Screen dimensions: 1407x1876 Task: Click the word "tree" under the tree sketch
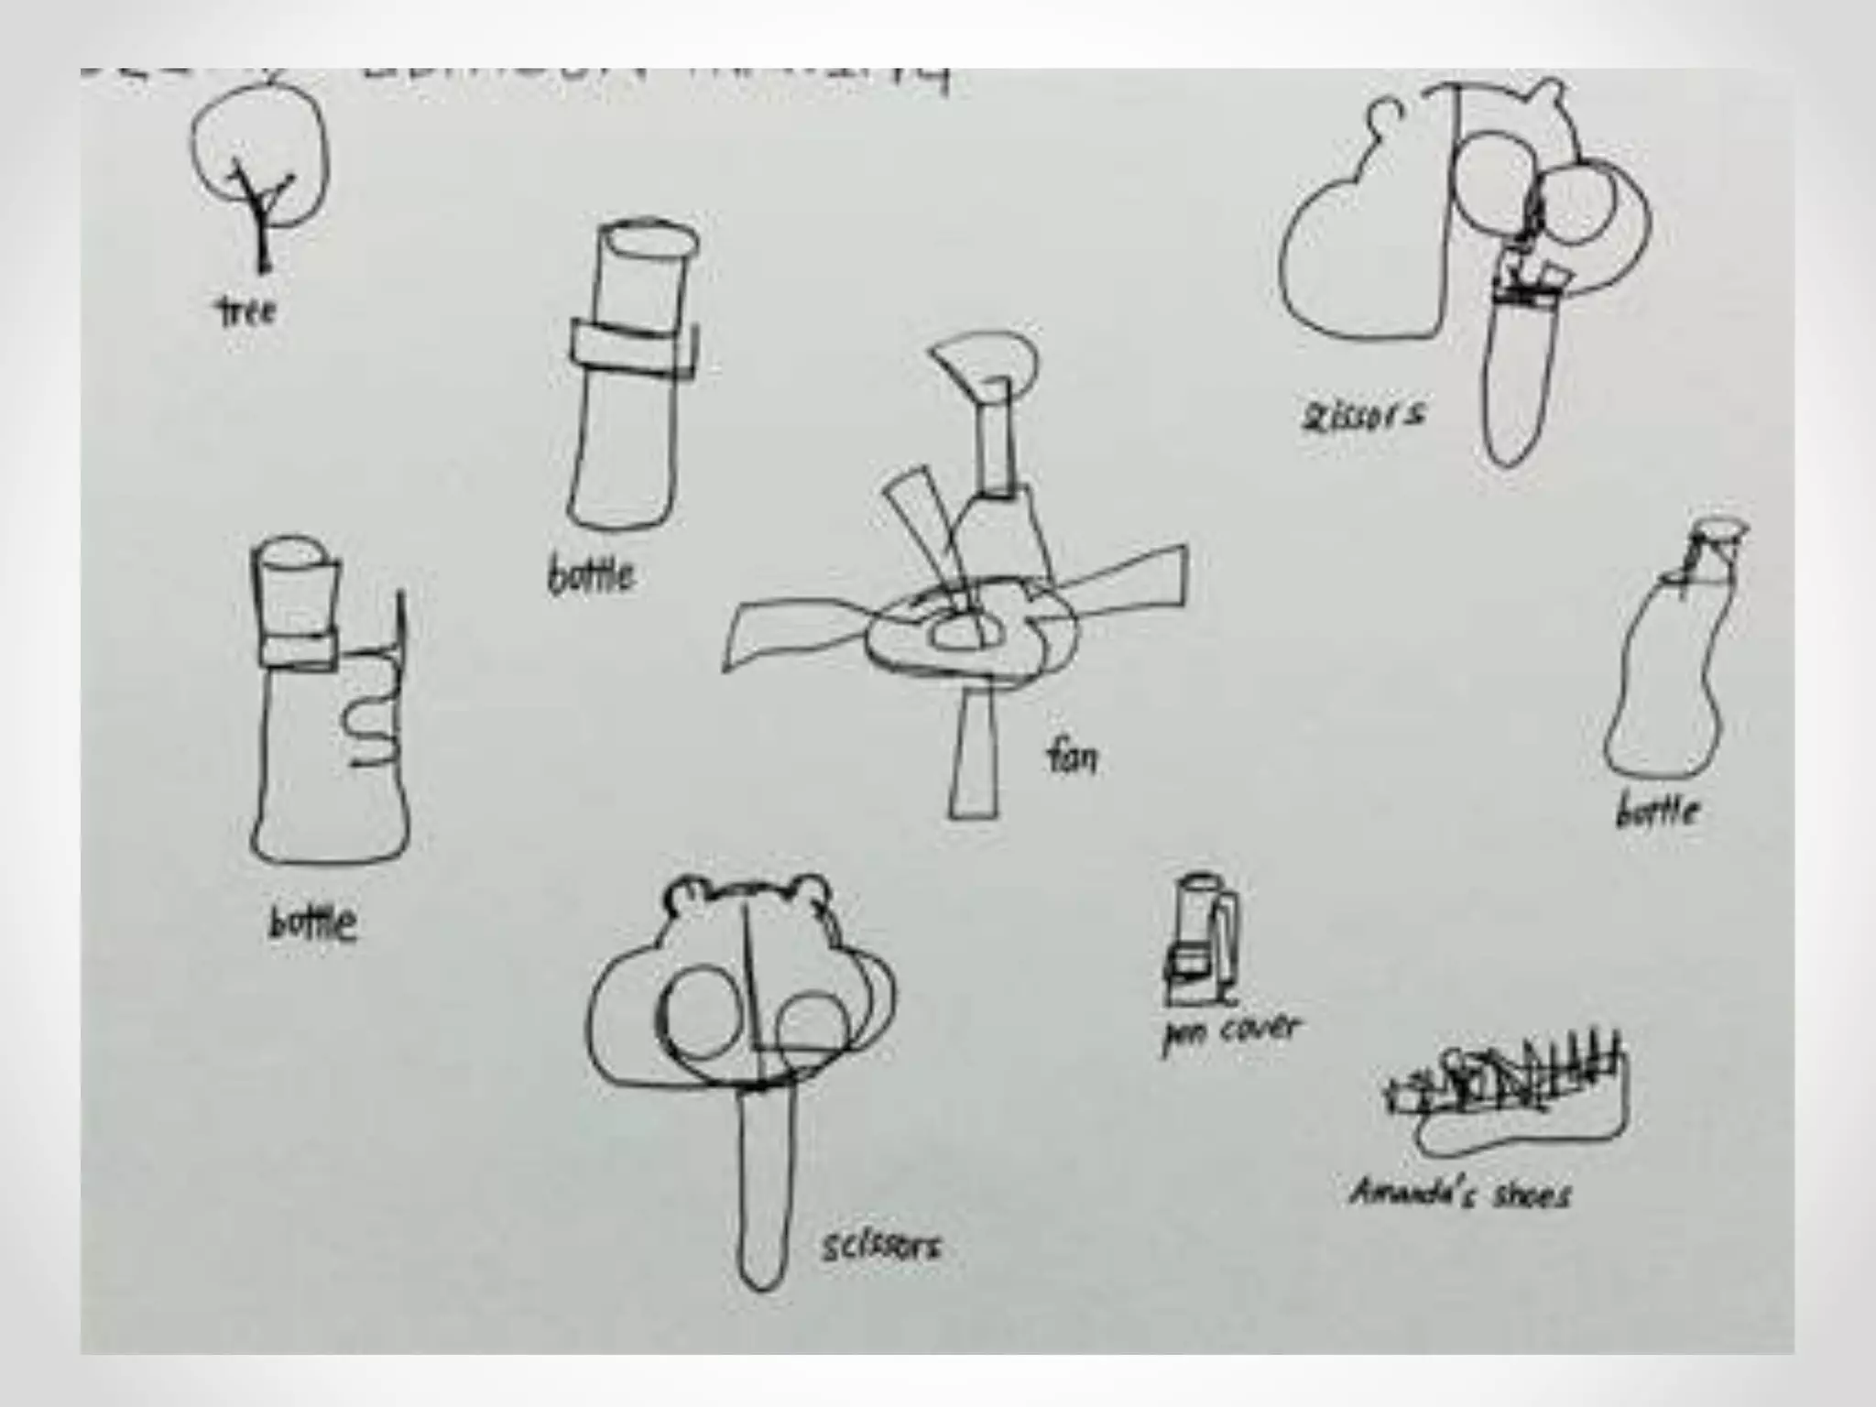(x=246, y=312)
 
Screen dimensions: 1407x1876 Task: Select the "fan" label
(x=1071, y=758)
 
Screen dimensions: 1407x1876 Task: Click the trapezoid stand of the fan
(x=974, y=760)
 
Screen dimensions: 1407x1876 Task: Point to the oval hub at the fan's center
(x=956, y=632)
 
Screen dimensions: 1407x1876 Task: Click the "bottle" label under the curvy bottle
(x=1658, y=812)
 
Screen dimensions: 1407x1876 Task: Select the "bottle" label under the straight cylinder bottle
(x=591, y=576)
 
